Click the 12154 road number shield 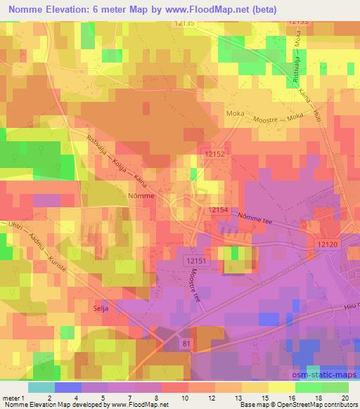(219, 210)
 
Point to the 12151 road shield (197, 260)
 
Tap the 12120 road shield (327, 242)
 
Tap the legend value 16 (291, 398)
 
